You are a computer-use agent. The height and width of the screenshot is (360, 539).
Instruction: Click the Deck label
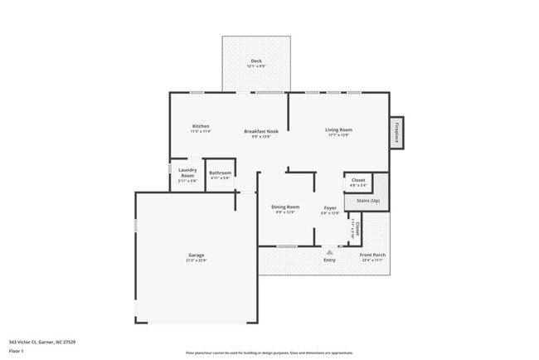(256, 61)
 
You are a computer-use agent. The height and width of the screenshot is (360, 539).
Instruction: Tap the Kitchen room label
(201, 126)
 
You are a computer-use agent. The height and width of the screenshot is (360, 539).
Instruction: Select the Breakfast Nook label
(260, 131)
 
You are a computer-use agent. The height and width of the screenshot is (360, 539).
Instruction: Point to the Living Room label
(338, 129)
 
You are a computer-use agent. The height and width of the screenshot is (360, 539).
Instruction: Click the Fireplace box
(396, 133)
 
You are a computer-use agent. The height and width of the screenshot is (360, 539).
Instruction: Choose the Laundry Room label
(187, 173)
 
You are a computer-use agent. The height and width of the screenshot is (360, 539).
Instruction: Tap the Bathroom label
(220, 173)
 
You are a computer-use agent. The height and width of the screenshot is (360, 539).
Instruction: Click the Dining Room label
(286, 207)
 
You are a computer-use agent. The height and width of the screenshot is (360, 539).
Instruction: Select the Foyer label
(330, 207)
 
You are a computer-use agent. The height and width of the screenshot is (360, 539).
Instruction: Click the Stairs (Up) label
(368, 201)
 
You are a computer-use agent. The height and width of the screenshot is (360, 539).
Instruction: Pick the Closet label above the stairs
(358, 180)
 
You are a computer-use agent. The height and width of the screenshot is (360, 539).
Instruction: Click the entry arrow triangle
(329, 250)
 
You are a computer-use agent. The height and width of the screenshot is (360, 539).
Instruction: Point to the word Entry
(329, 260)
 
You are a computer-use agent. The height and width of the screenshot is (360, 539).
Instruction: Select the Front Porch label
(373, 255)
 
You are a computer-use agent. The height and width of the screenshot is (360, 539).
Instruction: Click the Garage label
(197, 255)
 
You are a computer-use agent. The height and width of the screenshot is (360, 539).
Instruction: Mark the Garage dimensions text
(197, 260)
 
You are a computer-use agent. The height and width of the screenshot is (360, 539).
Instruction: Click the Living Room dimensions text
(338, 134)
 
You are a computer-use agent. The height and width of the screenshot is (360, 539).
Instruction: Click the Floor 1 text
(17, 351)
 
